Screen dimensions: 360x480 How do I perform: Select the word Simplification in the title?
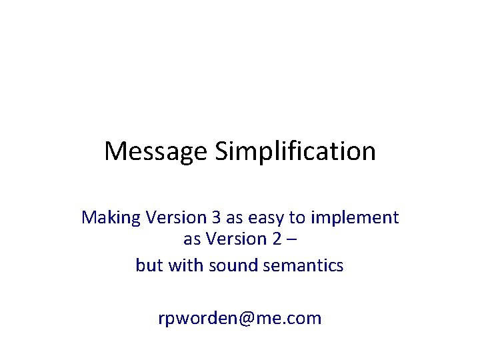295,151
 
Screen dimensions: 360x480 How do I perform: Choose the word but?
149,265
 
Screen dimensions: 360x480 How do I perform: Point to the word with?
185,265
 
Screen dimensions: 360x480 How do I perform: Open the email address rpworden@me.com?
240,319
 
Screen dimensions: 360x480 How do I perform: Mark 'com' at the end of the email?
306,319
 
